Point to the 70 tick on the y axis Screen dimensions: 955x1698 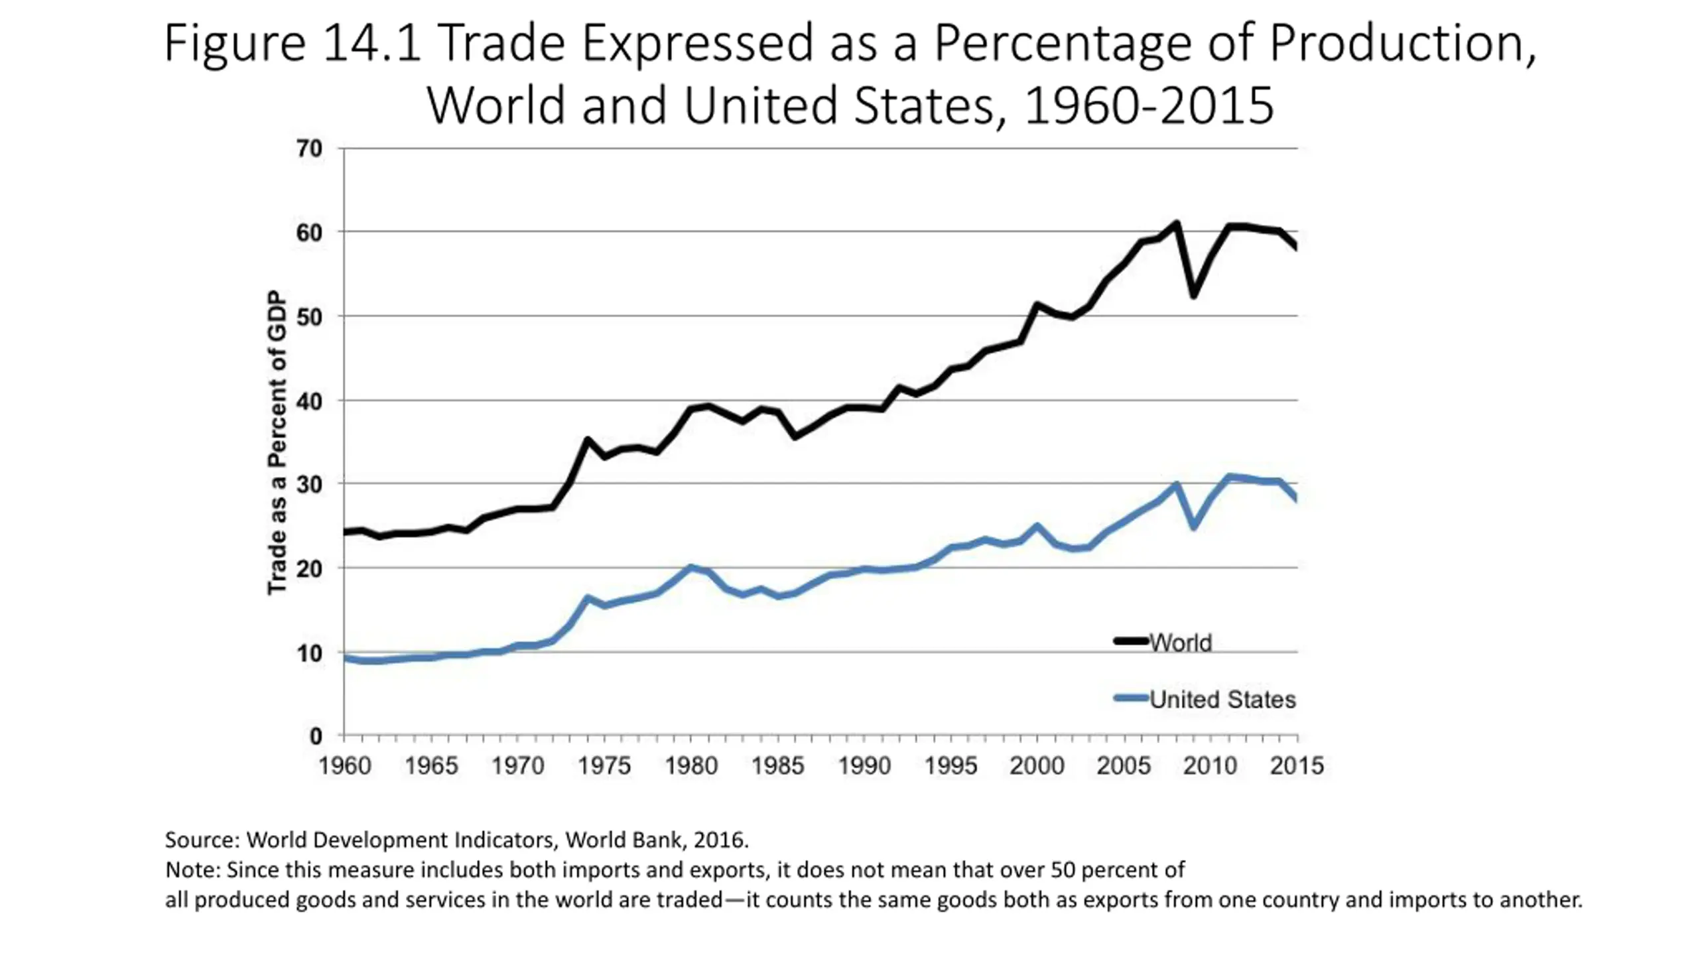coord(309,149)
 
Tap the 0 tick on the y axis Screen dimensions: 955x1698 coord(316,736)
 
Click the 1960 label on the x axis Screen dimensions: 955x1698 coord(345,766)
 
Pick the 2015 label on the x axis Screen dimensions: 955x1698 coord(1297,766)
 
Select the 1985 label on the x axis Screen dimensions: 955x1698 coord(777,766)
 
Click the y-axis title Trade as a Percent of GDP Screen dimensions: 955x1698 coord(277,442)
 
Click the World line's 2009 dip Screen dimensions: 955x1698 coord(1194,294)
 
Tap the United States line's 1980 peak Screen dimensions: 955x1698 coord(690,568)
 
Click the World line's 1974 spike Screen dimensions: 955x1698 coord(587,440)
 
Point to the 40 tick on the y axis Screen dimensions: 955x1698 coord(309,401)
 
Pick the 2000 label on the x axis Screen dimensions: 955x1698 coord(1037,766)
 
